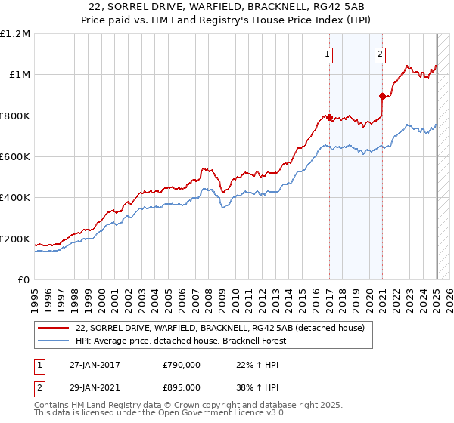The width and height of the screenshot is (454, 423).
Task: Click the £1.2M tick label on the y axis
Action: (x=15, y=33)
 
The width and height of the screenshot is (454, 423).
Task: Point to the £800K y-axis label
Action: (x=15, y=116)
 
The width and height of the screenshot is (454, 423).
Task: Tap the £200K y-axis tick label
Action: (x=15, y=239)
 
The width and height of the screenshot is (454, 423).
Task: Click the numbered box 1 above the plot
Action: (x=328, y=54)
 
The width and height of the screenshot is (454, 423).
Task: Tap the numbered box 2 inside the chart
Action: (x=379, y=54)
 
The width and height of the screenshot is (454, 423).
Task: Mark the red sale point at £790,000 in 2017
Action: (x=329, y=117)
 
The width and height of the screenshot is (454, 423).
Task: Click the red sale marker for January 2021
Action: (x=382, y=96)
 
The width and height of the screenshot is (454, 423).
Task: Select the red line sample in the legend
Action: (x=53, y=328)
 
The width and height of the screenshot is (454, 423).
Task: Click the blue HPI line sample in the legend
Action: (x=53, y=341)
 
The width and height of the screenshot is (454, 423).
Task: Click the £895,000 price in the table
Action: (x=181, y=387)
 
